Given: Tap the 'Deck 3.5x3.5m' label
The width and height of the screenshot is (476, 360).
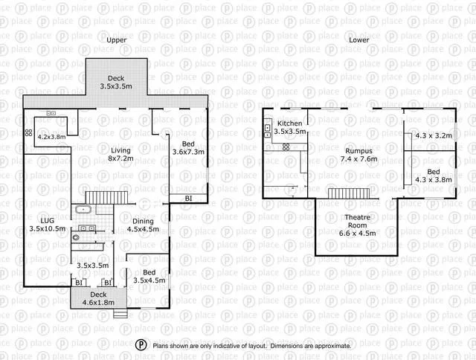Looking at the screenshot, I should click(x=115, y=83).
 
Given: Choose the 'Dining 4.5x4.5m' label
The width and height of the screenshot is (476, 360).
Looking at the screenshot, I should click(x=144, y=225).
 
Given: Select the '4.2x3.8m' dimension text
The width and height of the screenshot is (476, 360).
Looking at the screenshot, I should click(x=51, y=137).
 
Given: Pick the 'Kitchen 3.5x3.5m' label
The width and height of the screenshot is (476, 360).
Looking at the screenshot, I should click(x=289, y=127).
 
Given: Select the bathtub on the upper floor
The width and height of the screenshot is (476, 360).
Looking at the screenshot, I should click(x=85, y=209).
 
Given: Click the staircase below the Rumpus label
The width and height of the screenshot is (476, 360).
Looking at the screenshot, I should click(x=349, y=193).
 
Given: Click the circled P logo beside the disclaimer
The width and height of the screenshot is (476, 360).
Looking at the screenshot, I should click(x=141, y=345).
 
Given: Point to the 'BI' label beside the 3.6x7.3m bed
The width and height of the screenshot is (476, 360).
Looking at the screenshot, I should click(x=188, y=198).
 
